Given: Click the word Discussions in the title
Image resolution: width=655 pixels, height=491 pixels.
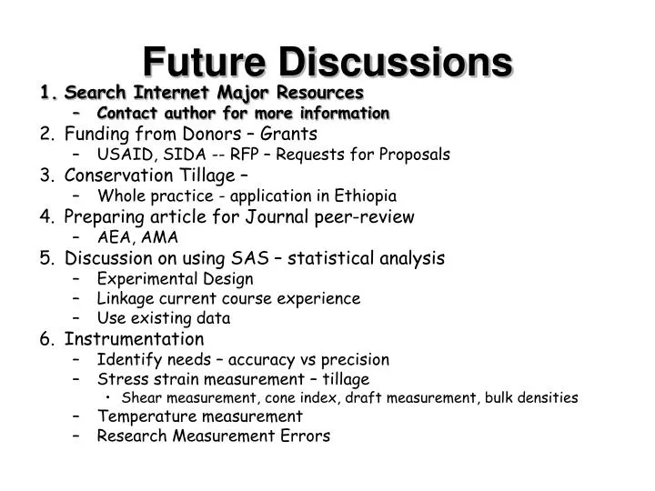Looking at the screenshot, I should click(x=394, y=61).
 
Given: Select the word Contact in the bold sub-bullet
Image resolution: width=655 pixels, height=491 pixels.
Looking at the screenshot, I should click(x=129, y=114).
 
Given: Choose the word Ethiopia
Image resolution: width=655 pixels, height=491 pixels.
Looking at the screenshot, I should click(x=363, y=195).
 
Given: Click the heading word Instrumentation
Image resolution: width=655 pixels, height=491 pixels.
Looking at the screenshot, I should click(x=135, y=339).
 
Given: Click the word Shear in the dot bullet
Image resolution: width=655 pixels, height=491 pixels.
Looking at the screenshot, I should click(x=140, y=397).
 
